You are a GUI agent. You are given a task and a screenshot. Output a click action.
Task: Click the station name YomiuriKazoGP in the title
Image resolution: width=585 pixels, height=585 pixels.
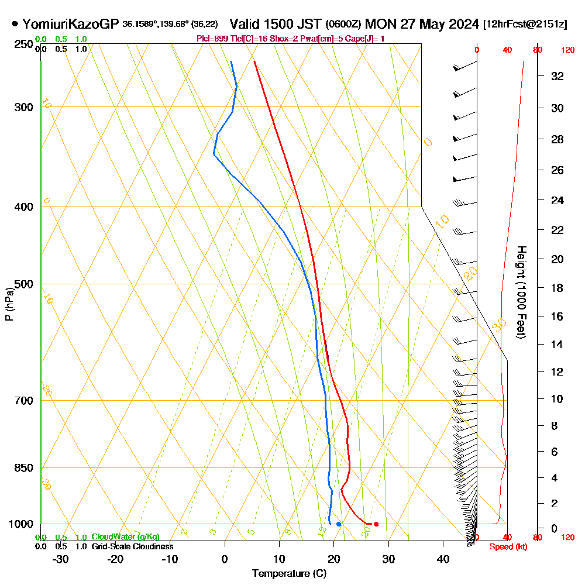pyautogui.click(x=71, y=24)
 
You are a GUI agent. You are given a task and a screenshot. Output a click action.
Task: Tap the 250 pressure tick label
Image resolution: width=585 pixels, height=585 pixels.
pyautogui.click(x=23, y=44)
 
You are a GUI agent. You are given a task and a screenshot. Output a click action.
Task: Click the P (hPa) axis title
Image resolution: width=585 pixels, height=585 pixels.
pyautogui.click(x=9, y=304)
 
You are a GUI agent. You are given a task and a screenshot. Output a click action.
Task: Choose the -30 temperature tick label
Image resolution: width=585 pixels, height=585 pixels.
pyautogui.click(x=61, y=559)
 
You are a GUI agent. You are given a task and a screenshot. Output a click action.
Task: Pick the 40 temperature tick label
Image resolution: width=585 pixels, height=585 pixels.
pyautogui.click(x=443, y=559)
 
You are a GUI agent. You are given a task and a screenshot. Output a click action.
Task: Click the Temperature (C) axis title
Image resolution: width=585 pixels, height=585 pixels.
pyautogui.click(x=289, y=574)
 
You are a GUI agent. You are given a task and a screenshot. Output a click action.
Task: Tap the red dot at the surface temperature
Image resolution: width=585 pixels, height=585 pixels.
pyautogui.click(x=376, y=524)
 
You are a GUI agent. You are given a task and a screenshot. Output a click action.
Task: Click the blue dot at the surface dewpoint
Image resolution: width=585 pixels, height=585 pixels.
pyautogui.click(x=339, y=524)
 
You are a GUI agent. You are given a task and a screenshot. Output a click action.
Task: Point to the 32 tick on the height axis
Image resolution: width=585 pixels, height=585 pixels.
pyautogui.click(x=558, y=76)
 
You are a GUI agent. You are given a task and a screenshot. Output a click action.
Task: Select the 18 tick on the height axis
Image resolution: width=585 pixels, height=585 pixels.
pyautogui.click(x=558, y=288)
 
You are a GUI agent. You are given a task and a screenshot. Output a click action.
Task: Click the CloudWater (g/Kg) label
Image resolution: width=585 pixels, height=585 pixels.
pyautogui.click(x=125, y=537)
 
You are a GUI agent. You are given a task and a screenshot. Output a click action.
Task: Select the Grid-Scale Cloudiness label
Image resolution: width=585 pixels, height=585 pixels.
pyautogui.click(x=132, y=546)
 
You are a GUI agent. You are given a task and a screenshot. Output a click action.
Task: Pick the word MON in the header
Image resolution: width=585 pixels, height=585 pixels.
pyautogui.click(x=381, y=24)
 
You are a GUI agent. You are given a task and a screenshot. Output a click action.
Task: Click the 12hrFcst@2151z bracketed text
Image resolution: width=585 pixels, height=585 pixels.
pyautogui.click(x=525, y=25)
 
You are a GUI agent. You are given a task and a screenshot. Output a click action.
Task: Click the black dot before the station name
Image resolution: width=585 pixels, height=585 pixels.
pyautogui.click(x=15, y=25)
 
